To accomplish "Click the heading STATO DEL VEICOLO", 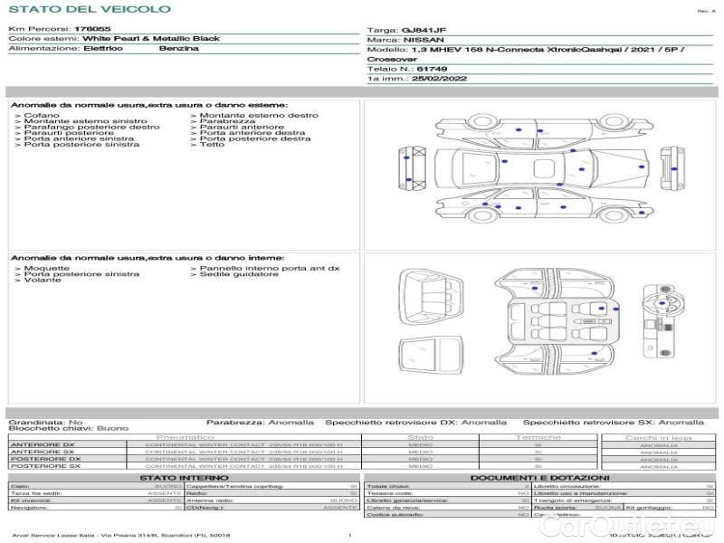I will pos(90,9).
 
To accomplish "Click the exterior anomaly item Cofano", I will pos(42,116).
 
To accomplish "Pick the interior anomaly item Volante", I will pos(39,281).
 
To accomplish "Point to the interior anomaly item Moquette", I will pos(46,269).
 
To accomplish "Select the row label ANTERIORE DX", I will pos(43,444).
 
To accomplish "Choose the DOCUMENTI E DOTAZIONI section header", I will pos(539,477).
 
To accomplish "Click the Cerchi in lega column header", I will pos(658,437).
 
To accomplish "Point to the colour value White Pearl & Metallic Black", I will pos(151,39).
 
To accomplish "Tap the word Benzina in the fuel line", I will pos(179,48).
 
